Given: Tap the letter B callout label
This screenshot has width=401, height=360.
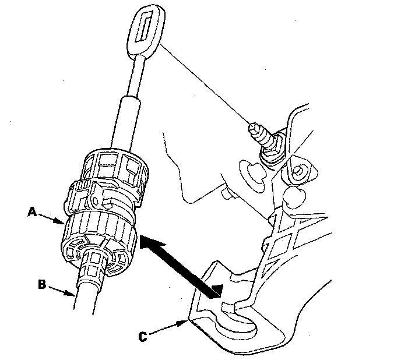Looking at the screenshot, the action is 41,285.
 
